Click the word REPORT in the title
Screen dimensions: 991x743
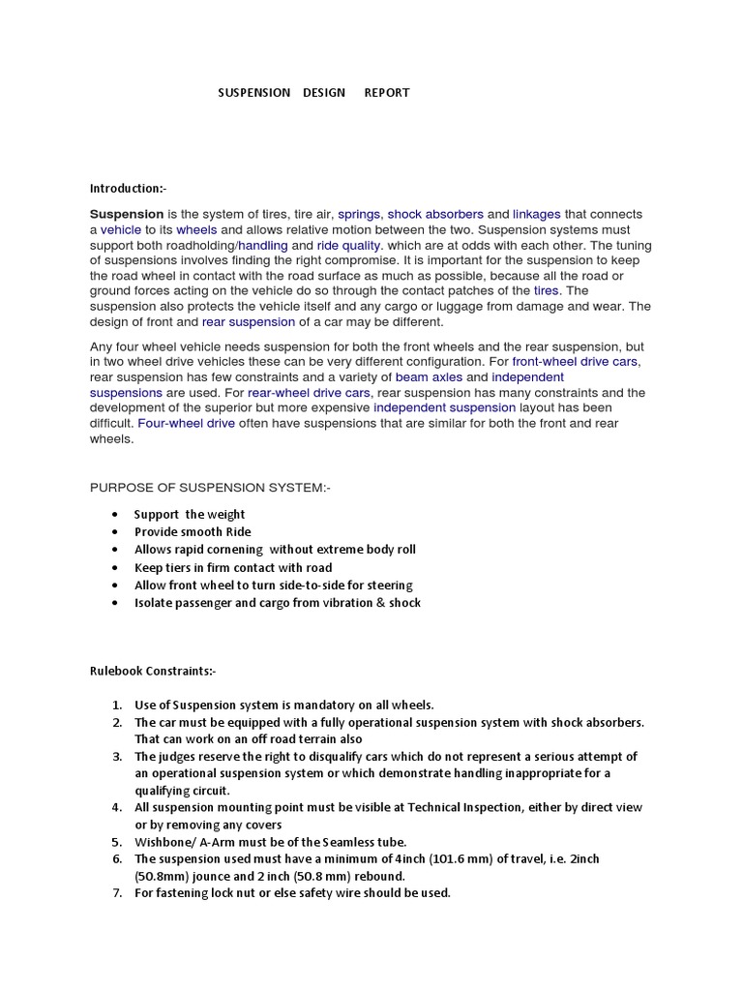386,93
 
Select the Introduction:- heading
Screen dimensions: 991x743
128,188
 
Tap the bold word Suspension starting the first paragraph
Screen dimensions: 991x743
127,214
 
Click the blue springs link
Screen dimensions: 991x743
359,214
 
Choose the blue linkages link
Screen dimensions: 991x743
536,214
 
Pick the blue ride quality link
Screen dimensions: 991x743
348,246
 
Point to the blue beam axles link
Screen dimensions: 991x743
429,376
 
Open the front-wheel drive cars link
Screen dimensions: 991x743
576,361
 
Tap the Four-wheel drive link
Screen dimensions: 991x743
187,423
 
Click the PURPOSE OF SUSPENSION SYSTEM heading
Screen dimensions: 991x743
210,487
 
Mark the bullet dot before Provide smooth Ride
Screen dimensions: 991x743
116,532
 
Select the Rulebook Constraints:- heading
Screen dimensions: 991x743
153,671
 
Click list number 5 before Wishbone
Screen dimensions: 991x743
116,842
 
